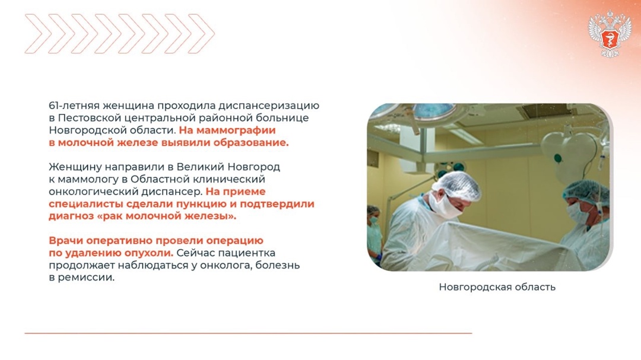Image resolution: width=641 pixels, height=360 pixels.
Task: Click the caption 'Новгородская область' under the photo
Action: coord(497,287)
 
